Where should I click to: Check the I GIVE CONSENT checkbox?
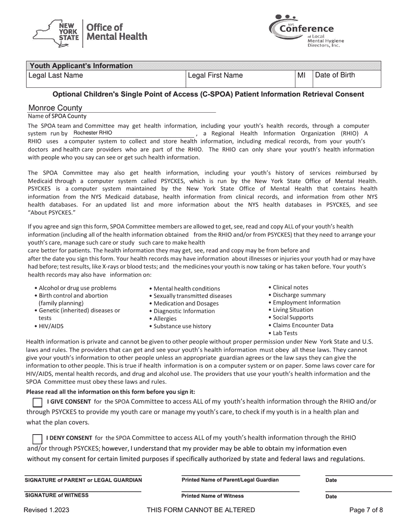(37, 402)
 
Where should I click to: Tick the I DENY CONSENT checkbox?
(37, 439)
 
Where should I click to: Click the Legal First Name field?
(240, 79)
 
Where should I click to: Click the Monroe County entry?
(55, 108)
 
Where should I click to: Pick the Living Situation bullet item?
(293, 310)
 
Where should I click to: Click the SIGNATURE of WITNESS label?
(57, 495)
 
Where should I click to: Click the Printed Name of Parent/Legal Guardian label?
(230, 480)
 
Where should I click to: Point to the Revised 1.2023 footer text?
(47, 510)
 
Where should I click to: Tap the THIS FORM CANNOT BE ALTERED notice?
(201, 510)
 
